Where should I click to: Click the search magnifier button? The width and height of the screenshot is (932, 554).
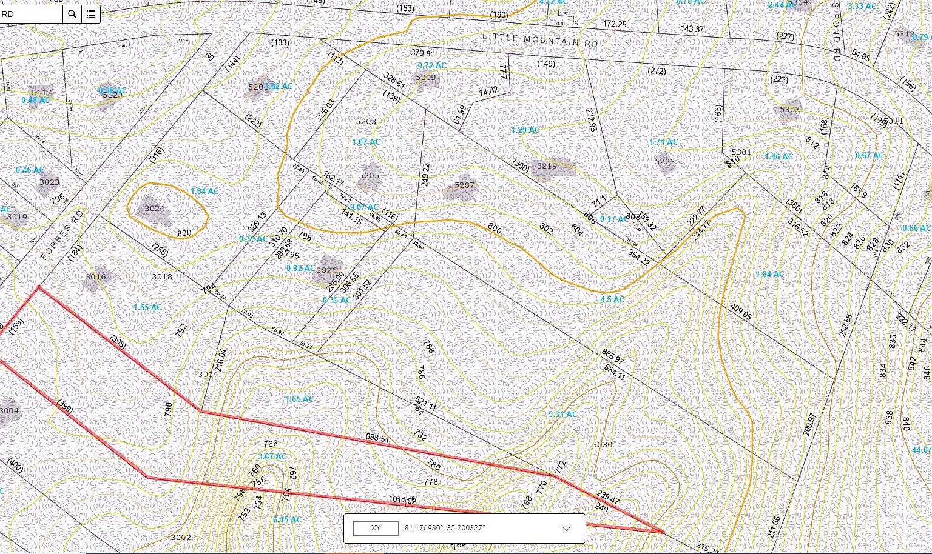(72, 14)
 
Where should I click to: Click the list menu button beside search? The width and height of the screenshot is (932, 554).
(91, 14)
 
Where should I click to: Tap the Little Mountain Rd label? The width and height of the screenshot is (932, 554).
(539, 40)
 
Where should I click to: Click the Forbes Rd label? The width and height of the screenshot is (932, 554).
(62, 235)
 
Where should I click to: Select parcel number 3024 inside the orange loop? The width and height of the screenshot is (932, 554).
(155, 208)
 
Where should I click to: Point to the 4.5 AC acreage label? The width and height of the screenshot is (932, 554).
(612, 299)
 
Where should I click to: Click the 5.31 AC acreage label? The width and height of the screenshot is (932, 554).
(562, 415)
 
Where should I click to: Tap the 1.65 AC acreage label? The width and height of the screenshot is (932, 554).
(299, 399)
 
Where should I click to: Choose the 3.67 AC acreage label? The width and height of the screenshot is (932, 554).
(271, 456)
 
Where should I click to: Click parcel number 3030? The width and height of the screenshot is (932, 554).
(602, 444)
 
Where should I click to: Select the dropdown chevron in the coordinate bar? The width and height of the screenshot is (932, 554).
(566, 529)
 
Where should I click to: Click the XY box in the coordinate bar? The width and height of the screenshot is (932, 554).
(376, 528)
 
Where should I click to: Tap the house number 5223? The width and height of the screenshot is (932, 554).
(665, 161)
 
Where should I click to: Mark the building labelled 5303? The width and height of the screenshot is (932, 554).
(789, 109)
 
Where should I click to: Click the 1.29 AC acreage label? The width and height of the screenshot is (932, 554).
(525, 130)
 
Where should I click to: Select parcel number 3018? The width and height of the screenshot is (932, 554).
(162, 276)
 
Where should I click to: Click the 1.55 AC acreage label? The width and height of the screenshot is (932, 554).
(147, 307)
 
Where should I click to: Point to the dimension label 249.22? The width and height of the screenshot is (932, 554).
(425, 175)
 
